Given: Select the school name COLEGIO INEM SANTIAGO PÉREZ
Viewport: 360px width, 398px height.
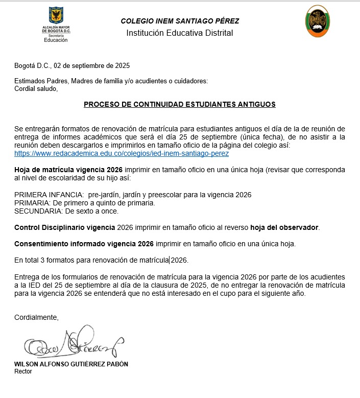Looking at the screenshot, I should [x=180, y=21].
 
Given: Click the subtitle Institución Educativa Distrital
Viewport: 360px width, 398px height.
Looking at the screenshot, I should [x=180, y=33].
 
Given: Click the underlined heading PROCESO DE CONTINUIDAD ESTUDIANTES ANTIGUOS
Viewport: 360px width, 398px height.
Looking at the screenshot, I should [x=180, y=104].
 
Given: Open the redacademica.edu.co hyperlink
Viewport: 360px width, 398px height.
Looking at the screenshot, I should [x=122, y=153].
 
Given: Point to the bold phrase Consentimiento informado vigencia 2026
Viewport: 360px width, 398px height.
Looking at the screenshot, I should [x=84, y=243].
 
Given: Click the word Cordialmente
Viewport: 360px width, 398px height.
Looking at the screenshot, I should [x=36, y=317].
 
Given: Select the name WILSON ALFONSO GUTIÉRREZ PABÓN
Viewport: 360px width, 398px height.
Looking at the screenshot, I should [x=71, y=364].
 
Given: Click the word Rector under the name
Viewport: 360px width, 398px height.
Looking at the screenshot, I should [x=23, y=371].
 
